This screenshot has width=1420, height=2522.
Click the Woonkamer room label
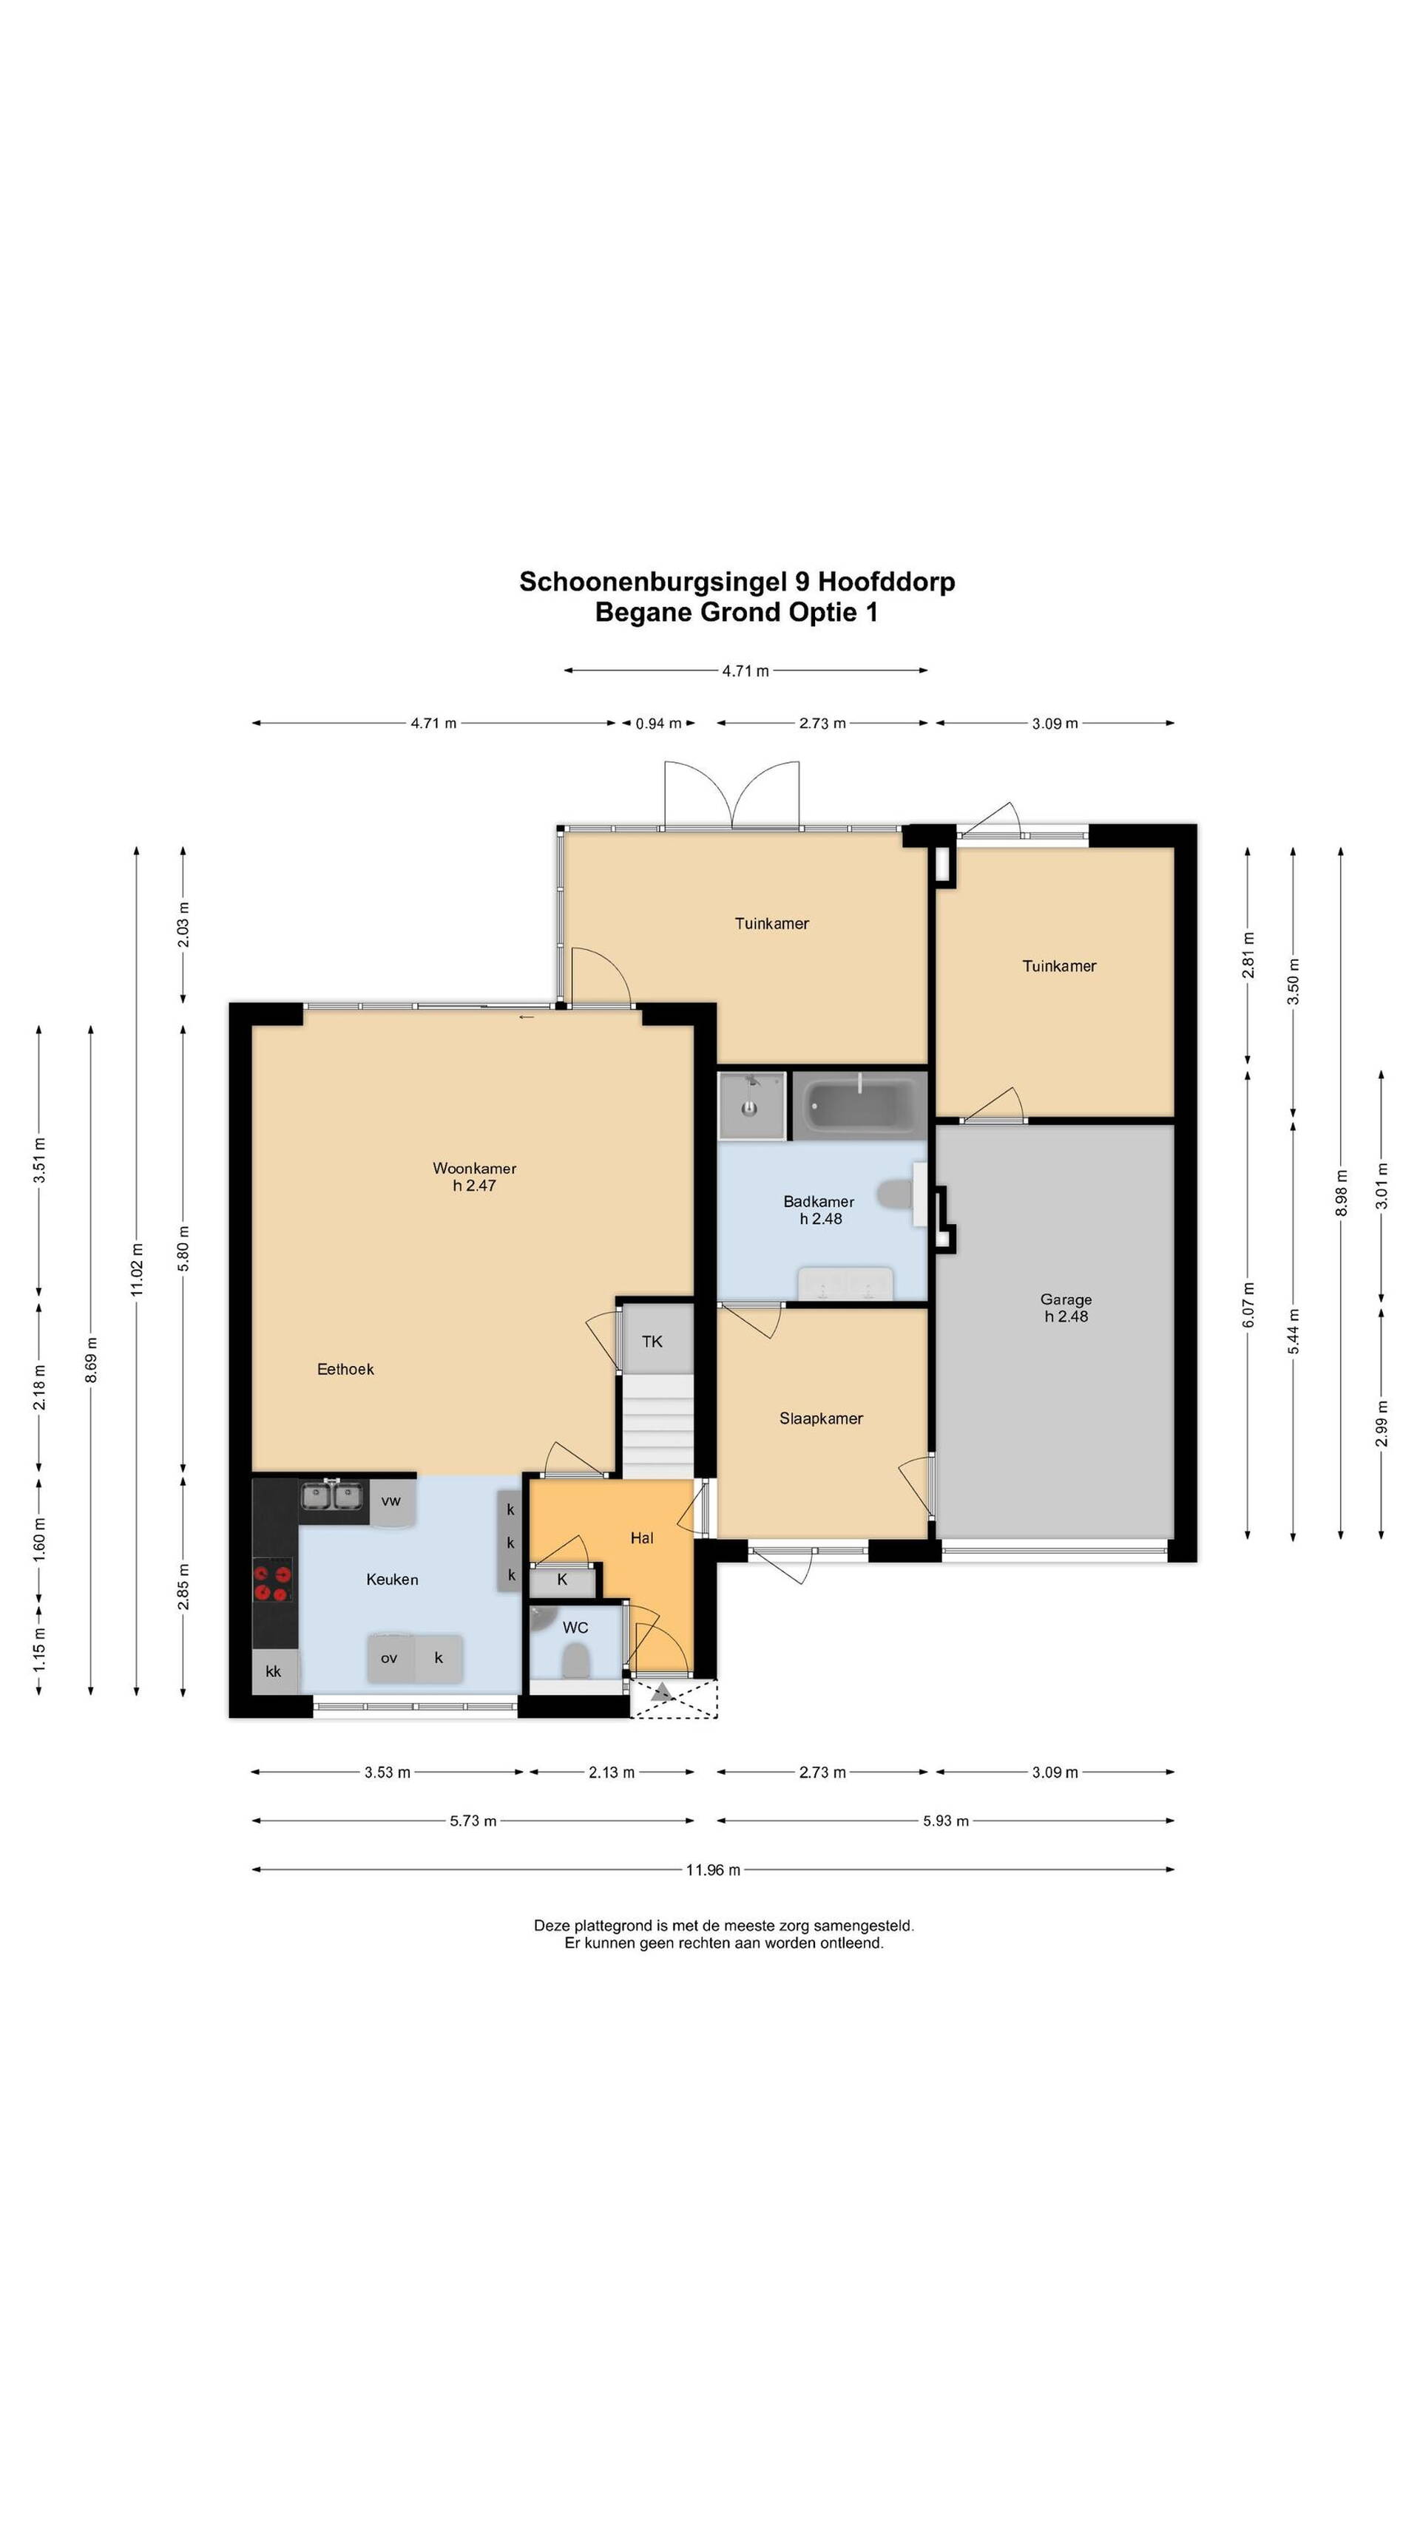click(474, 1168)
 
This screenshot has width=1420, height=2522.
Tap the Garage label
click(1066, 1299)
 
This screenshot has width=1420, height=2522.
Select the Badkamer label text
click(819, 1201)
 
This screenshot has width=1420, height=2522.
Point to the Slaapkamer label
click(821, 1418)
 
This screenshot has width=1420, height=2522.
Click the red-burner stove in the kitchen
click(273, 1584)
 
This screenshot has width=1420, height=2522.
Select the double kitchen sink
click(332, 1496)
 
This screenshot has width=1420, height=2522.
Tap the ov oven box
click(390, 1657)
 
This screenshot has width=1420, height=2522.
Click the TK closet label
click(652, 1342)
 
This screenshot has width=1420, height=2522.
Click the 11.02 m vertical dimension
click(137, 1270)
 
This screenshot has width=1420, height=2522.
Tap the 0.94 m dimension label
click(658, 724)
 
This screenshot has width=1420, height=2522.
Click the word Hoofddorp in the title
click(886, 582)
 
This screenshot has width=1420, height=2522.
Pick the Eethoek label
click(345, 1369)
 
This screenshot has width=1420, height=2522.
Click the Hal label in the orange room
click(641, 1538)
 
